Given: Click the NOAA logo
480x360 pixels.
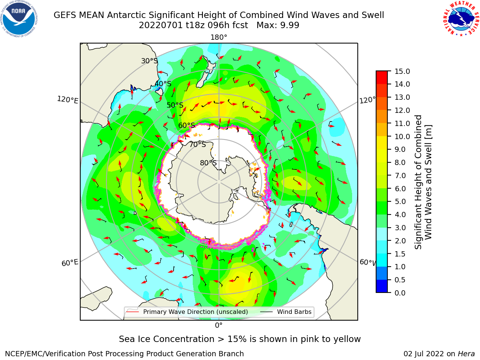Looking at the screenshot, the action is [19, 19].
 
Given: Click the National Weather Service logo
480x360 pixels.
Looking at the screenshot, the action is [461, 19].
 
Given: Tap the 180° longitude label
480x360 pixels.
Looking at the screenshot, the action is [219, 37].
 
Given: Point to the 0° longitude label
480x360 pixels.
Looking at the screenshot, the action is [219, 325].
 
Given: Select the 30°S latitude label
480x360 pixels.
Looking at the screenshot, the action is [149, 61].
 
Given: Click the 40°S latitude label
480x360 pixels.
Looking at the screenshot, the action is [163, 84].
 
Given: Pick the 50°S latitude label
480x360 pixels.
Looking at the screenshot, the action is [175, 105].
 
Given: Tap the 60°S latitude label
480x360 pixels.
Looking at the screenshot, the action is [186, 126].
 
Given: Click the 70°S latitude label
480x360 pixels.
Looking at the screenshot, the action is [198, 145].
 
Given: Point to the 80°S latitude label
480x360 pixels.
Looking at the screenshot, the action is [208, 163].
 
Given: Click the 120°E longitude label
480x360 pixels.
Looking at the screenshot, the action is [67, 100].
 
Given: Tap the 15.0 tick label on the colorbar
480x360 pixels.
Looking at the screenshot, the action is [402, 72].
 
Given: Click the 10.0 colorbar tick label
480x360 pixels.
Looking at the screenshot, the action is [402, 136].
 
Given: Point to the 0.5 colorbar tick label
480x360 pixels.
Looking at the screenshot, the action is [400, 280].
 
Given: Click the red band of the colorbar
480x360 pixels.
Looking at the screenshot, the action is [382, 77].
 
